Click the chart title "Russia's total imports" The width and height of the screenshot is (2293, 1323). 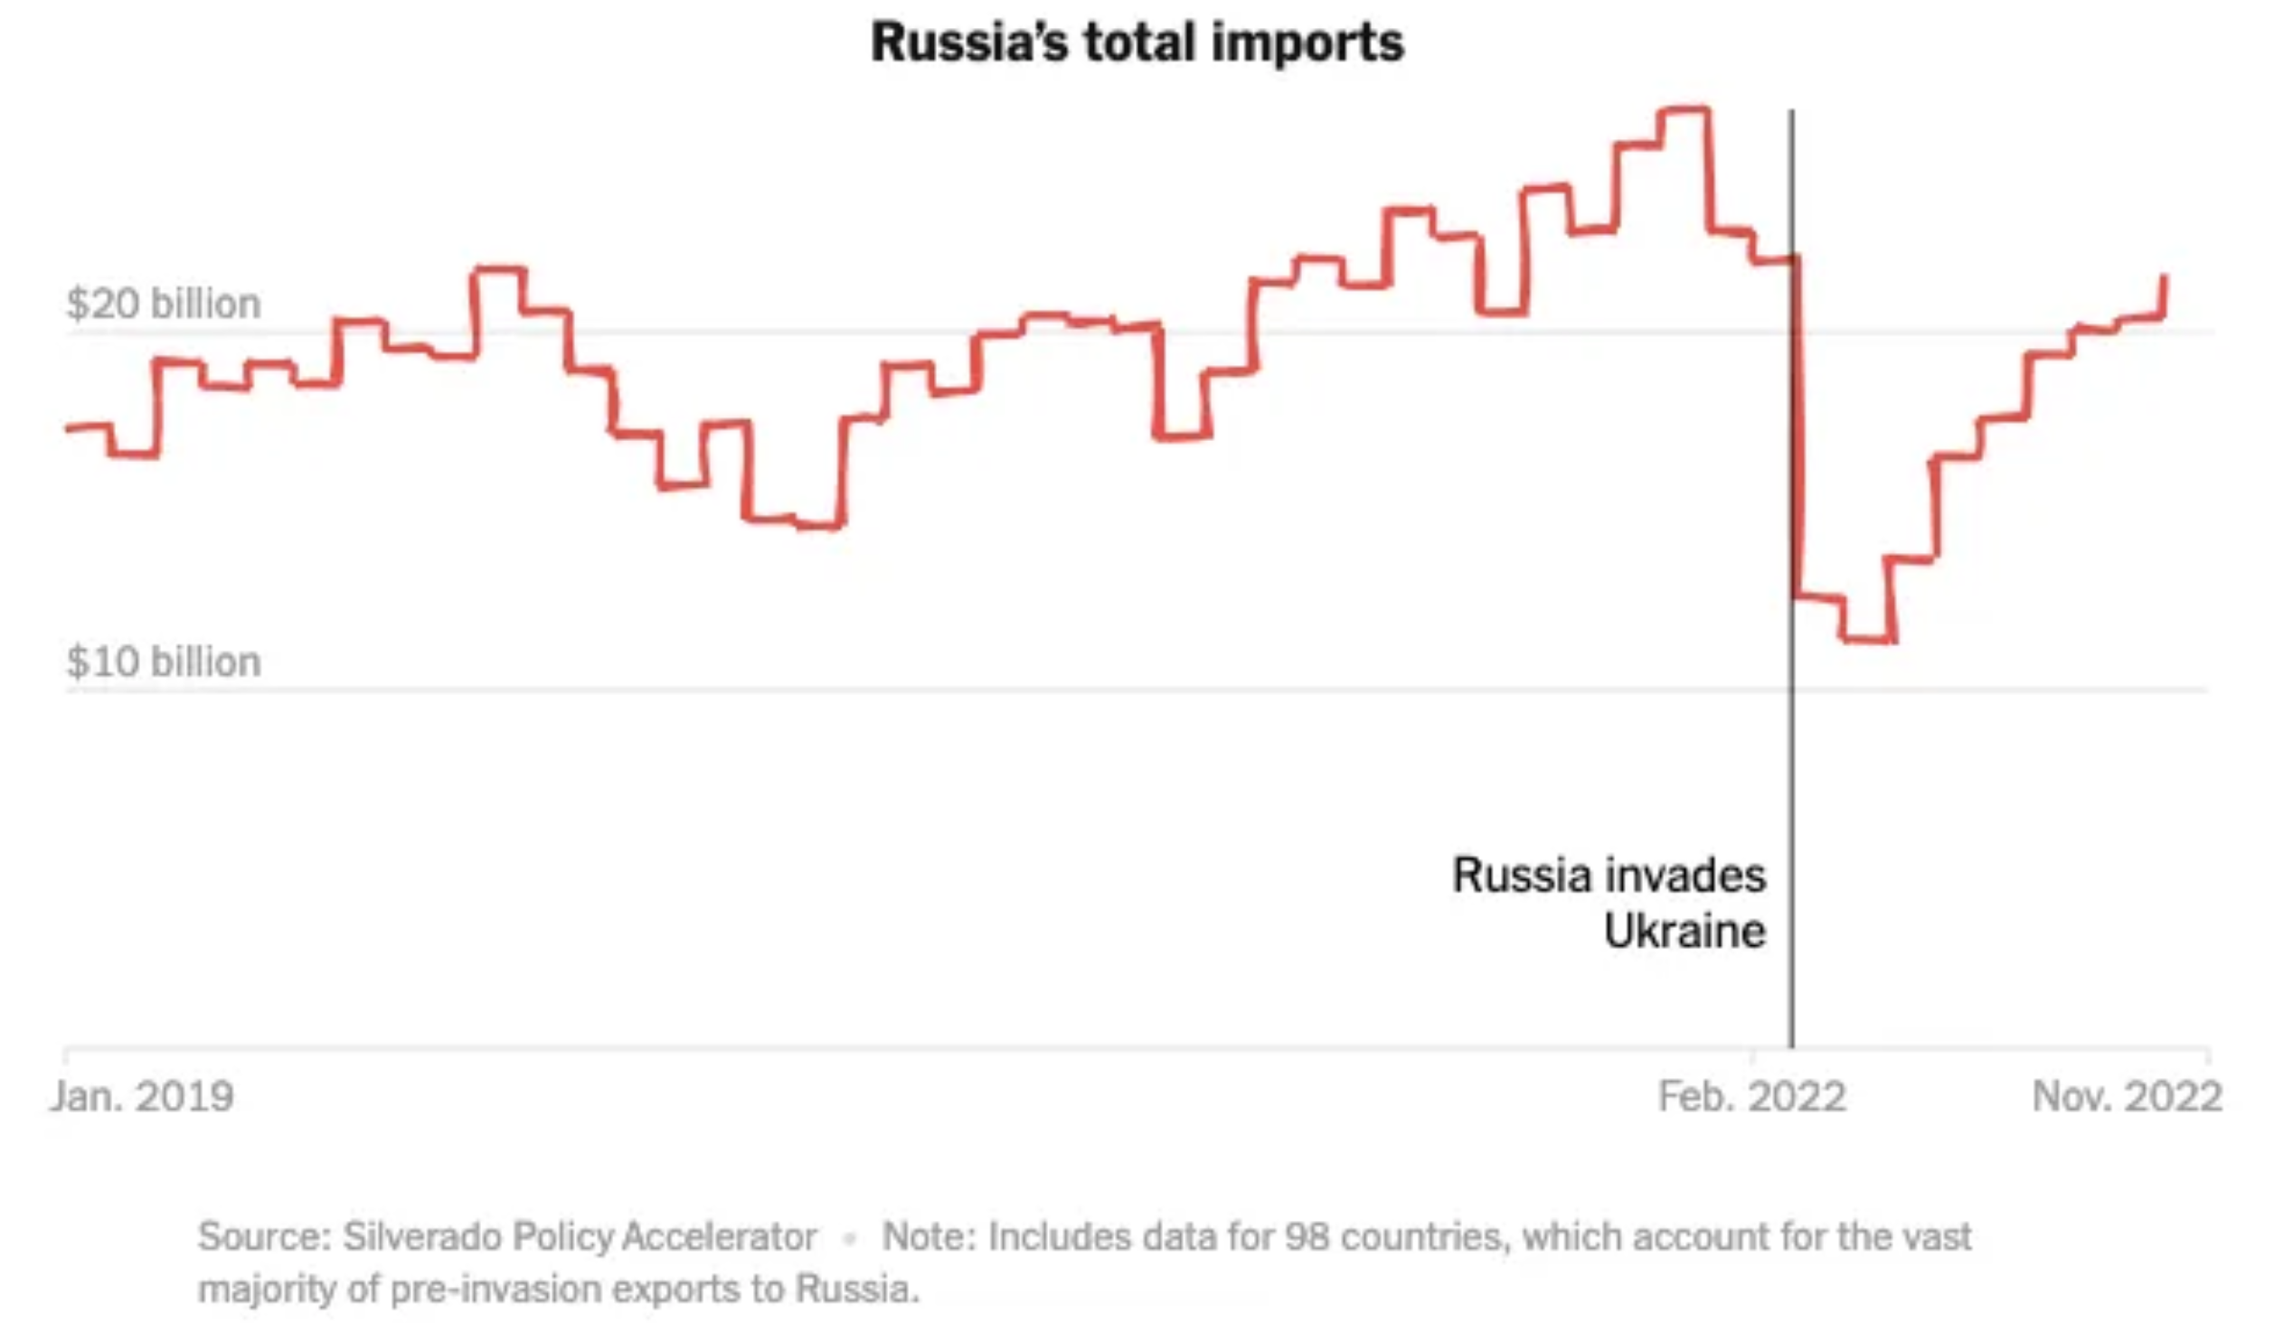(x=1137, y=42)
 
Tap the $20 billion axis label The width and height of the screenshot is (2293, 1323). (x=164, y=304)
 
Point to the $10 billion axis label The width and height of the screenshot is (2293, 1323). (x=164, y=661)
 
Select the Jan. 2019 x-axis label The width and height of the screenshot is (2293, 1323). (x=143, y=1096)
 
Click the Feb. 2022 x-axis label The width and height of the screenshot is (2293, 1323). (x=1751, y=1096)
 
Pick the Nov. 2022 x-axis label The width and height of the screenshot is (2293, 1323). (x=2127, y=1096)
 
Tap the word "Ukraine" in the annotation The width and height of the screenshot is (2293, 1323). (x=1684, y=932)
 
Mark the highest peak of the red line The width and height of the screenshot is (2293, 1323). (x=1684, y=111)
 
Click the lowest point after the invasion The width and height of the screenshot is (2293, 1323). (x=1869, y=640)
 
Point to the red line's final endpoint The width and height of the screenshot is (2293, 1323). (x=2165, y=277)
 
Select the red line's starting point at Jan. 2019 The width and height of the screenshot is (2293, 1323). (x=69, y=428)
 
